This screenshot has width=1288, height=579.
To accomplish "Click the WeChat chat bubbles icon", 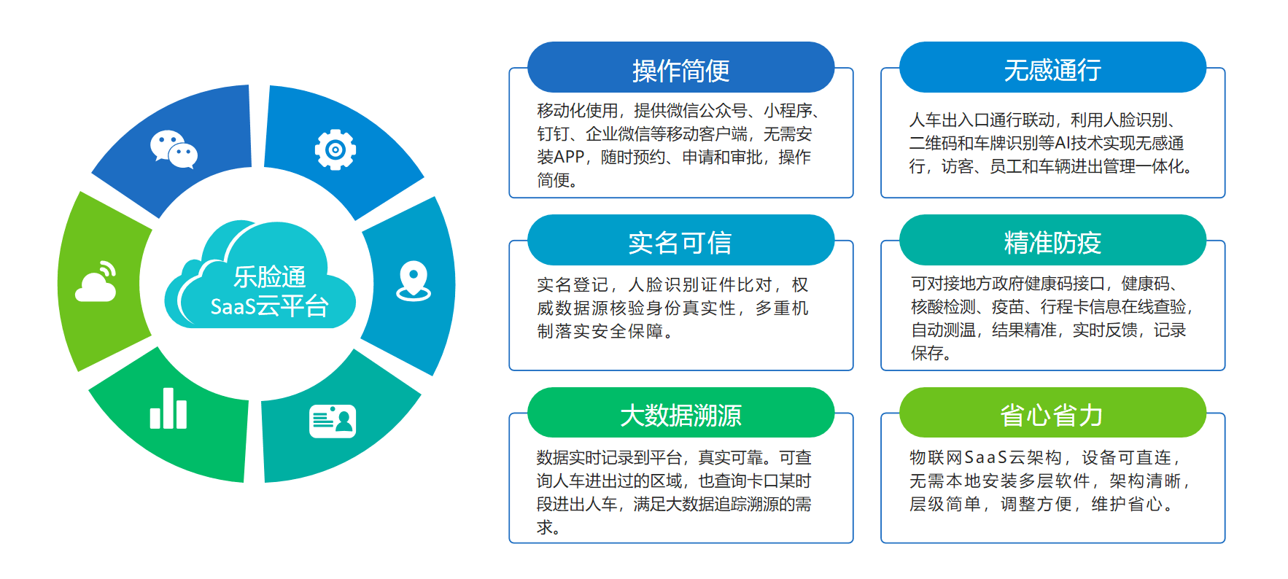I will coord(174,149).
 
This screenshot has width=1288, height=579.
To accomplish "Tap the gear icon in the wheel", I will coord(335,150).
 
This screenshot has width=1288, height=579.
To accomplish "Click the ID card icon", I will coord(333,421).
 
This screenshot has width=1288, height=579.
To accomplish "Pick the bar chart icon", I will coord(168,409).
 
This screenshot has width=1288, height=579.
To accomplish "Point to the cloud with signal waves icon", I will coord(96,281).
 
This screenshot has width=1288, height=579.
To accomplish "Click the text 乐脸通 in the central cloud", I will coord(269,277).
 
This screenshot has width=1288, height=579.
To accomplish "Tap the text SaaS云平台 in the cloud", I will coord(269,306).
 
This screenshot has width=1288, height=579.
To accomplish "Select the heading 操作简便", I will coord(680,71).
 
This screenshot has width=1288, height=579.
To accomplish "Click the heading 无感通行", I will coord(1052,70).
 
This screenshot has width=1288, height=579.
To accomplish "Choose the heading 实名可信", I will coord(680,243).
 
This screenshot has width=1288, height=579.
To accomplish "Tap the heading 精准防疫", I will coord(1052,243).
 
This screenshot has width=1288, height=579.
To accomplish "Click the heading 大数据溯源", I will coord(680,416).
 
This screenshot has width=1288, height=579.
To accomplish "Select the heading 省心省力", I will coord(1052,416).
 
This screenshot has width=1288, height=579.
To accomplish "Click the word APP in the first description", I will coord(570,158).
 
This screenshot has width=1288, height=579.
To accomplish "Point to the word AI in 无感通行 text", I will coord(1063,144).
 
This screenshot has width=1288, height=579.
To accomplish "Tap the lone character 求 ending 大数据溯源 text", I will coord(544,527).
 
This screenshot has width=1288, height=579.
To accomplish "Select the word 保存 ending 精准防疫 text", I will coord(927,354).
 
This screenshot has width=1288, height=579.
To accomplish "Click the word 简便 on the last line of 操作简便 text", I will coord(553,180).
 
